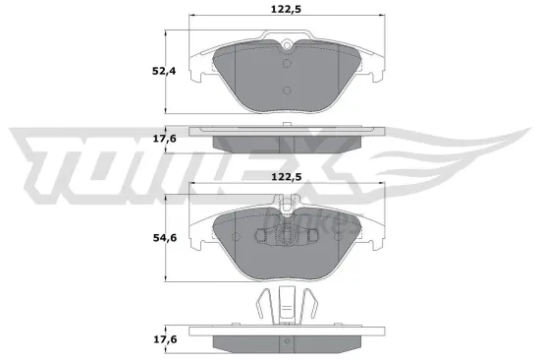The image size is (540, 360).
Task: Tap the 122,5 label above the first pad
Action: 286,10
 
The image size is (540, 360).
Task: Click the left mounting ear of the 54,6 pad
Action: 195,233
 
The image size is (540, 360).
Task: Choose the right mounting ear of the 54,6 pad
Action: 376,233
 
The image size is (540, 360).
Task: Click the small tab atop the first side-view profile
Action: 286,124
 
